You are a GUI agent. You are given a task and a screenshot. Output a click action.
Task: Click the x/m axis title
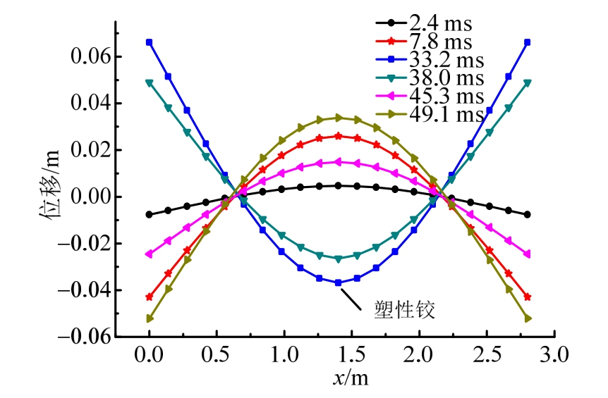(x=351, y=378)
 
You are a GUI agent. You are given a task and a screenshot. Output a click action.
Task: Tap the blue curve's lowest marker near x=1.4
(x=339, y=282)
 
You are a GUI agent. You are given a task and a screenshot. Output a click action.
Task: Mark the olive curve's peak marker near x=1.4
(x=339, y=117)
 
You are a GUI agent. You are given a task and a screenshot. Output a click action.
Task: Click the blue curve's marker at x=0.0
(x=149, y=42)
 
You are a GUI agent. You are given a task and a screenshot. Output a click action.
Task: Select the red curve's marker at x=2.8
(x=528, y=297)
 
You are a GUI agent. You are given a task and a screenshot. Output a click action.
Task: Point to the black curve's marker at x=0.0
(x=149, y=214)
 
